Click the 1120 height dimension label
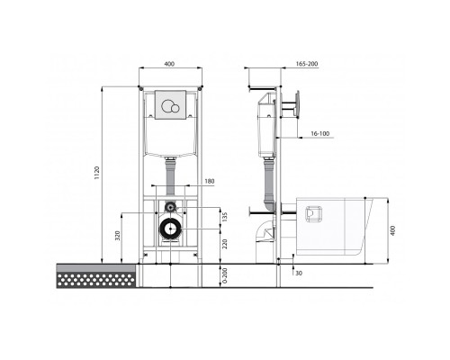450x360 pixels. [x=96, y=173]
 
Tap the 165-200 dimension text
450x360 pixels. [x=307, y=64]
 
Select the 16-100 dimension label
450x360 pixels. [x=319, y=133]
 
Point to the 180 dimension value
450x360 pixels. [x=210, y=181]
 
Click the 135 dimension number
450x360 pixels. [x=225, y=217]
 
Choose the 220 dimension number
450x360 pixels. [x=225, y=244]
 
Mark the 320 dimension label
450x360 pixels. [x=118, y=236]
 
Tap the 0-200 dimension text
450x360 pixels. [x=225, y=275]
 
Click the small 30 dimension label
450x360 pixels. [x=299, y=274]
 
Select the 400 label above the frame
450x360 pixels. [x=169, y=64]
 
